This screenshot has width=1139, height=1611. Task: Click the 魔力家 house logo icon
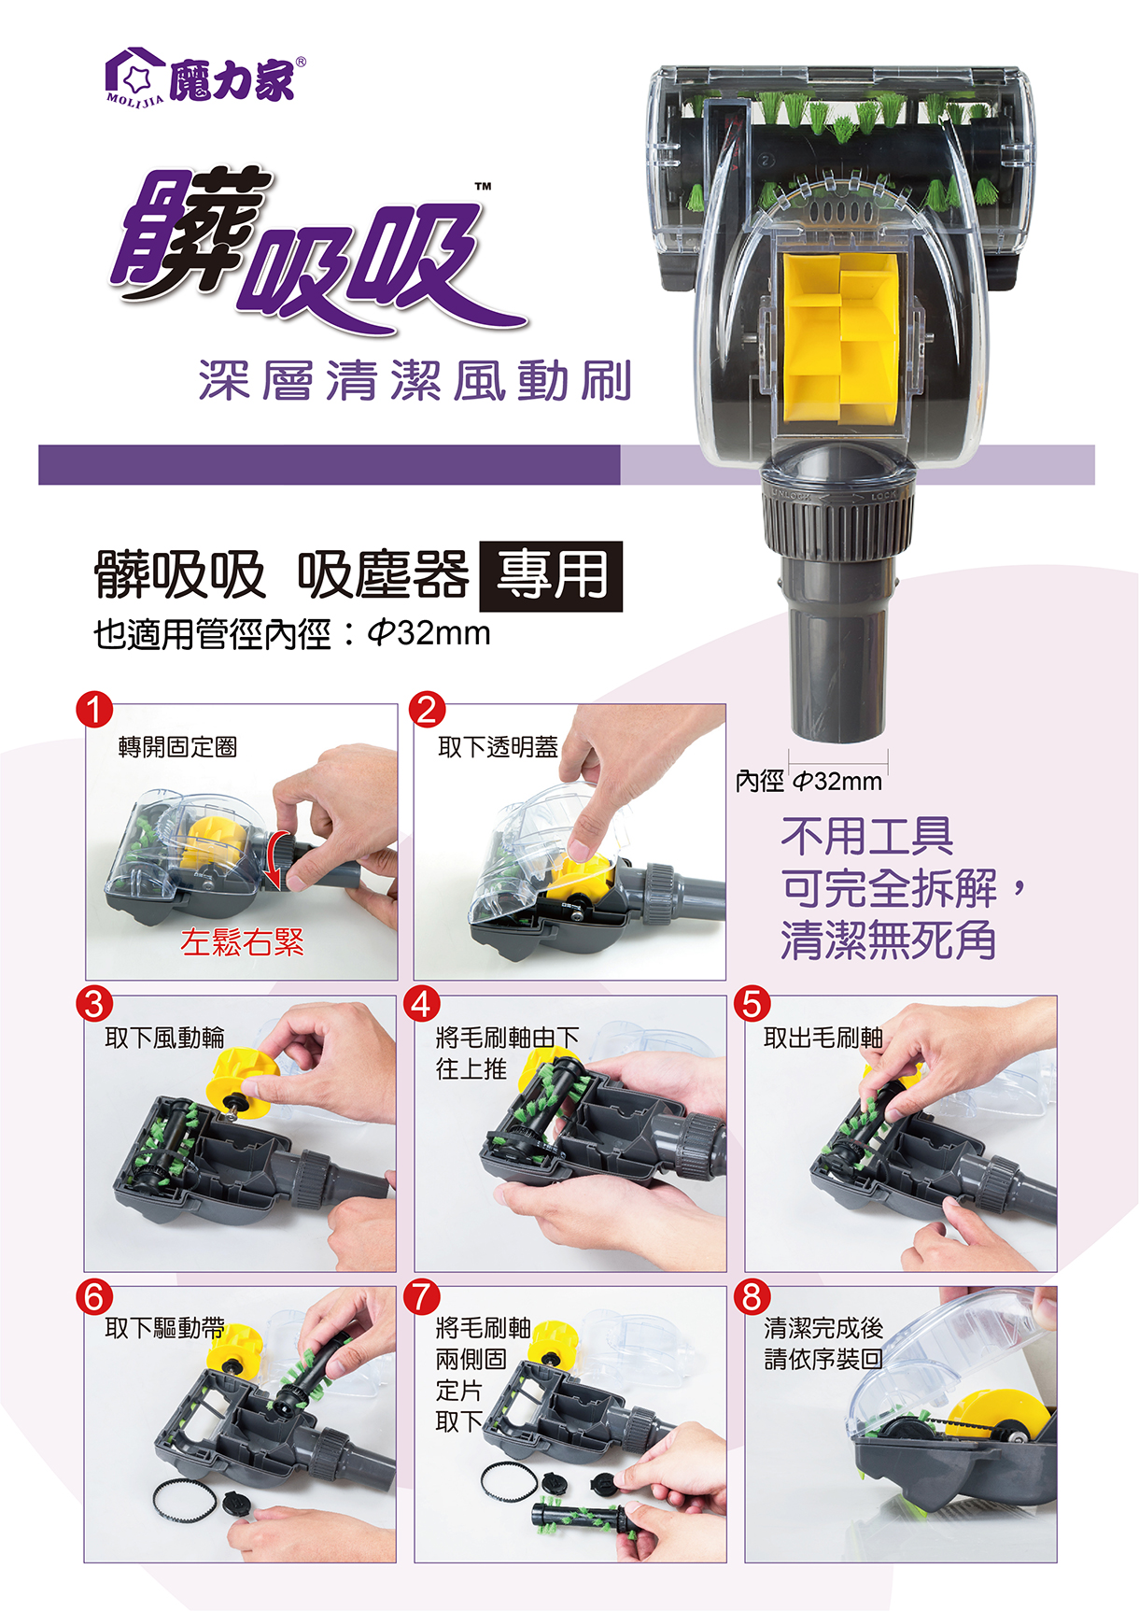point(134,75)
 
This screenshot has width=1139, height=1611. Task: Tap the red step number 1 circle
point(94,710)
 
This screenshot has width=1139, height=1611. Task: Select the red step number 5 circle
point(752,1004)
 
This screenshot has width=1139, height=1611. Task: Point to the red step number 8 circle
point(752,1296)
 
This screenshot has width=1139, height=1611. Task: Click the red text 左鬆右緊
point(243,942)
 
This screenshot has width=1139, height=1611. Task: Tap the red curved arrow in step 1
point(272,860)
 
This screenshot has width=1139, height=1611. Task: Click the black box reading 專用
point(551,576)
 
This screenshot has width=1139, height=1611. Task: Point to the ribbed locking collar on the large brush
point(837,522)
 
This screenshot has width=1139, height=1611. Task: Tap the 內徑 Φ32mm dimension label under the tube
point(809,781)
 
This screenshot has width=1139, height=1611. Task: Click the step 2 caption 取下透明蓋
point(499,747)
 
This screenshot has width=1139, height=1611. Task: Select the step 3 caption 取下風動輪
point(165,1038)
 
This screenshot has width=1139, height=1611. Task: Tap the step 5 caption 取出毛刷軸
point(823,1038)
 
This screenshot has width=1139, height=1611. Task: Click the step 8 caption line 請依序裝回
point(823,1359)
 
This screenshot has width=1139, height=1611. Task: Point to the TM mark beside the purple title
point(483,187)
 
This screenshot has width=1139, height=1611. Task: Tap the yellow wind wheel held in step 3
point(245,1083)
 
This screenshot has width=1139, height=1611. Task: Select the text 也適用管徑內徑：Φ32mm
point(292,634)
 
